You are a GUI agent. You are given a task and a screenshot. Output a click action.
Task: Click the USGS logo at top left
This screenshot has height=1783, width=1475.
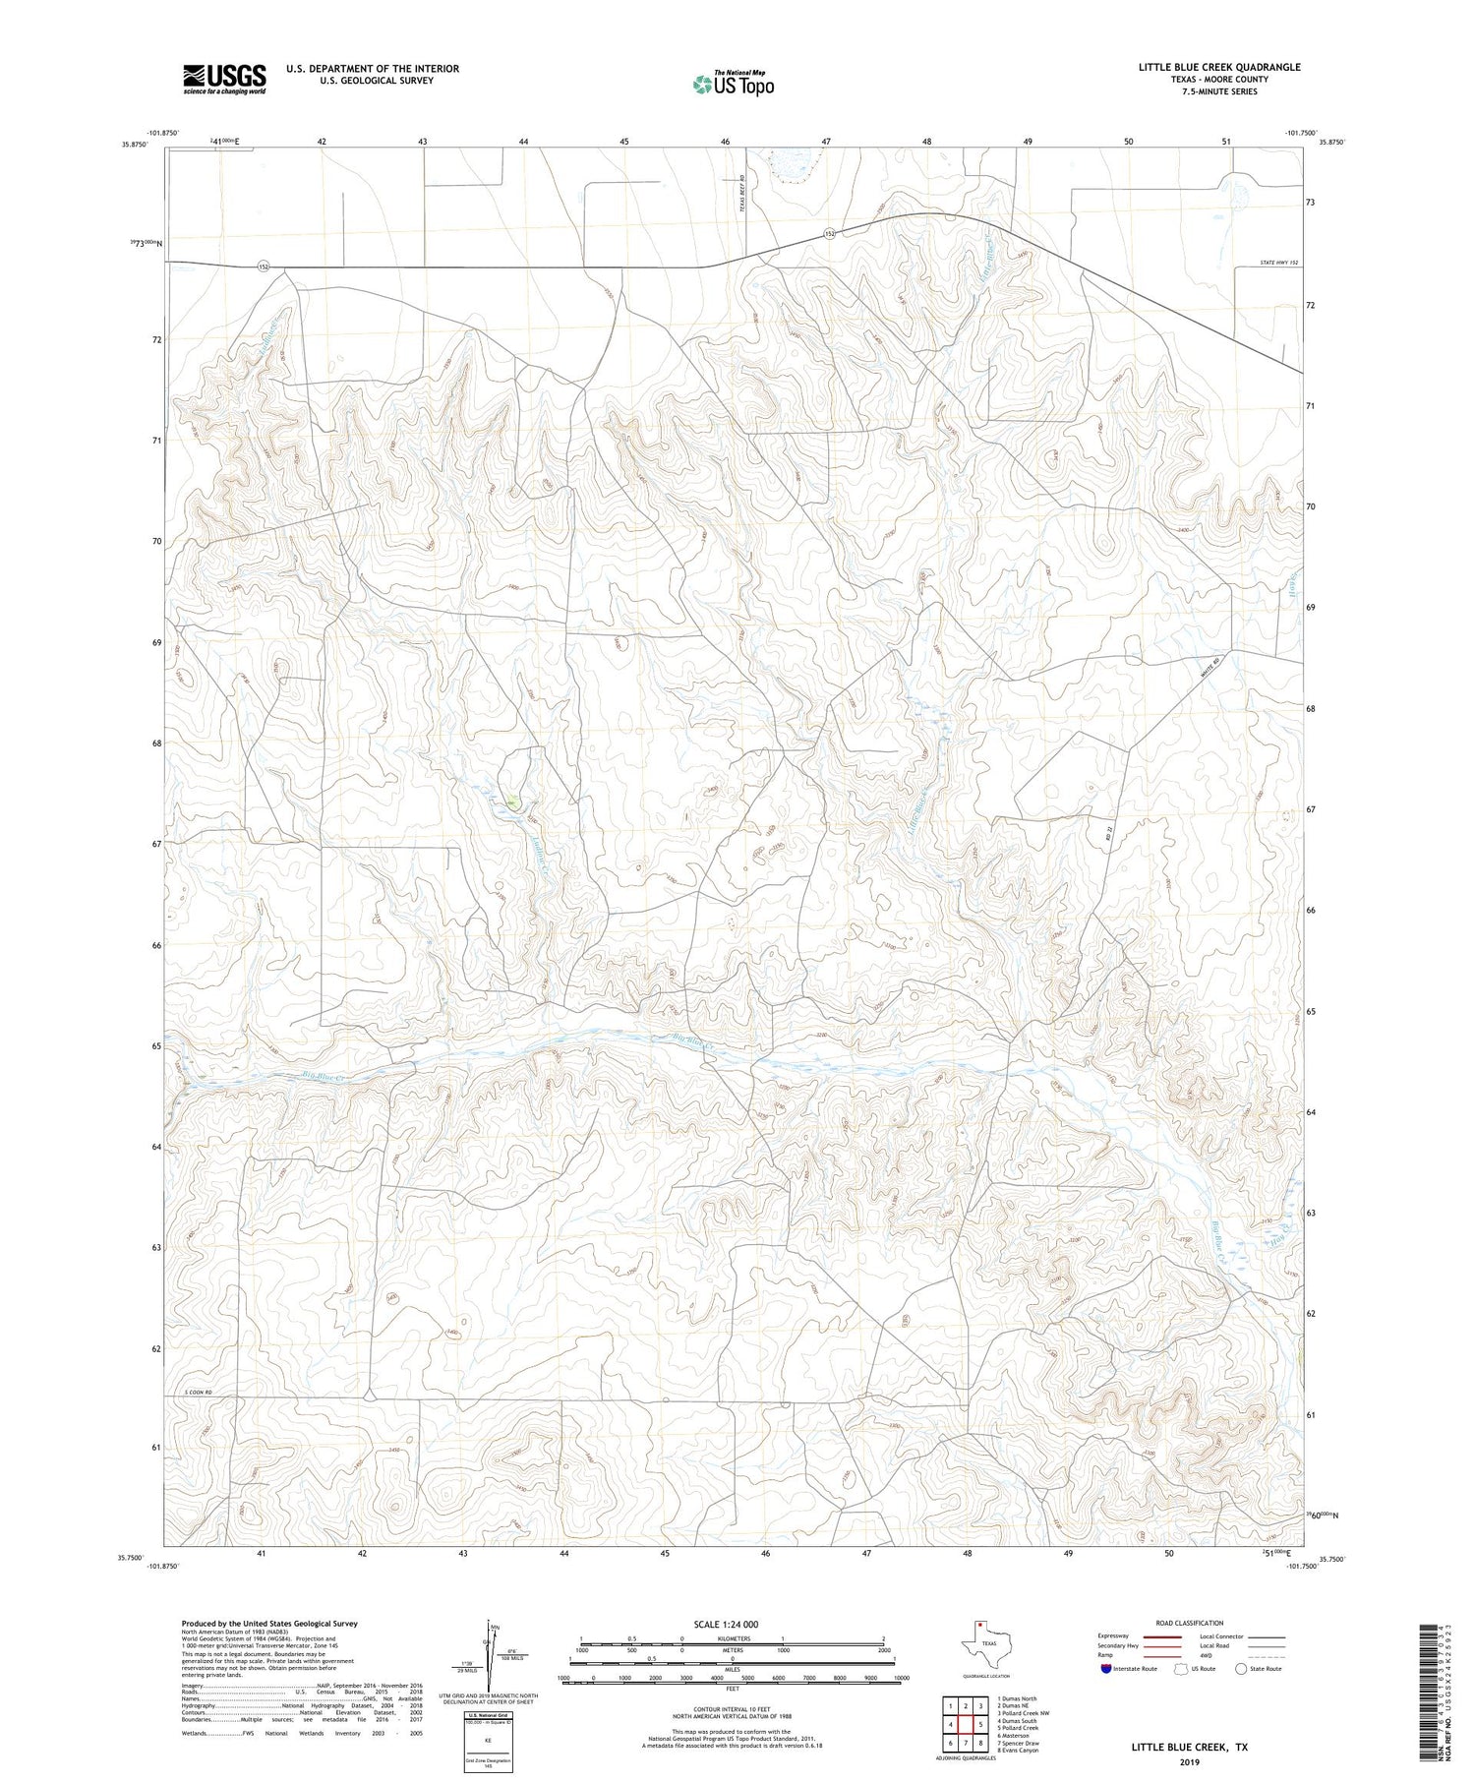click(224, 79)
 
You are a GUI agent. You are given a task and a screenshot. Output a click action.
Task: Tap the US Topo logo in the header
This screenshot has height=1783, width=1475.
click(734, 85)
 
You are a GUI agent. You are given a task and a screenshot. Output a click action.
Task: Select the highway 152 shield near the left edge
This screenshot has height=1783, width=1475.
click(263, 267)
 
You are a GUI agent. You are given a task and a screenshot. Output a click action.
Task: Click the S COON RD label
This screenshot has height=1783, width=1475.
click(199, 1394)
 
